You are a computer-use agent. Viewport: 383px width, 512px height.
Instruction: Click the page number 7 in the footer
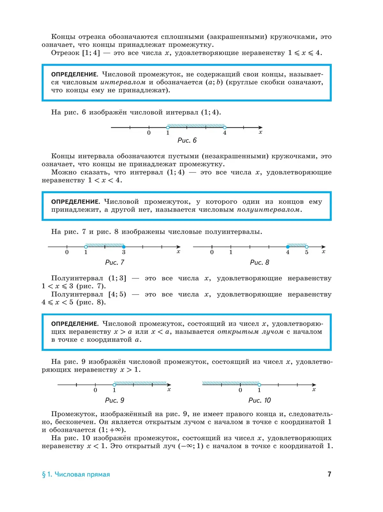point(329,474)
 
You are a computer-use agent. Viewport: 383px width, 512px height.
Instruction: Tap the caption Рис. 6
point(187,140)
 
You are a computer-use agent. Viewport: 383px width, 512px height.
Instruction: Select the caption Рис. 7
point(115,262)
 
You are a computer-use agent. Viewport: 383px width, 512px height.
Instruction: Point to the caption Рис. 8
point(259,262)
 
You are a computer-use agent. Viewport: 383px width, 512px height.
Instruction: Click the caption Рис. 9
point(115,400)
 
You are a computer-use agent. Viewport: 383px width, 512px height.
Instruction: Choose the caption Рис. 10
point(259,400)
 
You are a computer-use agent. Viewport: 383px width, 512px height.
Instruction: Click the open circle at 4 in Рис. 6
point(225,127)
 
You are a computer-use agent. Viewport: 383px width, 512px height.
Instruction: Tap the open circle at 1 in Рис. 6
point(168,127)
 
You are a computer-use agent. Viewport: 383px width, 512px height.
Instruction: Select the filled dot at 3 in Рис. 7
point(124,247)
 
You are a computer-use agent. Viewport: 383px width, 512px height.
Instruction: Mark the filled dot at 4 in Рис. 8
point(288,247)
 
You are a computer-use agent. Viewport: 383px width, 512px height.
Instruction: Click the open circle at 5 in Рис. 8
point(307,247)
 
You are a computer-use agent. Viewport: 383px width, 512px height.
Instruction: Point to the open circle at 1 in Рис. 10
point(259,385)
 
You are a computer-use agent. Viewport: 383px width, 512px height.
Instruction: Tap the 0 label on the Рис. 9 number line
point(95,390)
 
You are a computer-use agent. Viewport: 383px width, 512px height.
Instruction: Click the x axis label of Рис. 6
point(260,132)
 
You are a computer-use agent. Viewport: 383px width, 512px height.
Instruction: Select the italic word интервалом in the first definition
point(123,82)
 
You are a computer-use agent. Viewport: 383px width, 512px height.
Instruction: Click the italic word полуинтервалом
point(268,210)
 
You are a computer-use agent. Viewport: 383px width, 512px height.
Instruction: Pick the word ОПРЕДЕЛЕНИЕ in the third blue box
point(74,324)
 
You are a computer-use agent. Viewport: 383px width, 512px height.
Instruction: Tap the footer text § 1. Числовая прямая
point(76,474)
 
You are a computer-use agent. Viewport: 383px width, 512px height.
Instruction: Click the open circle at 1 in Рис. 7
point(86,247)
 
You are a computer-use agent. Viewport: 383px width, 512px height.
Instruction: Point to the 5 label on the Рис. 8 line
point(307,252)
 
